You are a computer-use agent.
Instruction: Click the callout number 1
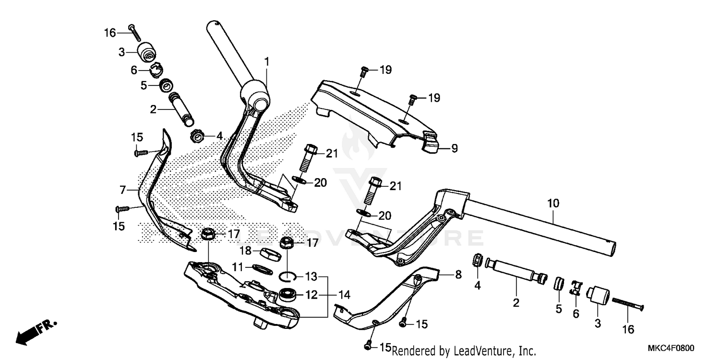(266, 61)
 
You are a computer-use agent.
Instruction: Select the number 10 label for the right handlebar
(553, 204)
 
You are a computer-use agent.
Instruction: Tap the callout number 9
(454, 149)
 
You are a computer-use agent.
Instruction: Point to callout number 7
(123, 191)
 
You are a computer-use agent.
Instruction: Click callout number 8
(458, 275)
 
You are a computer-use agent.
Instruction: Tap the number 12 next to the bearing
(312, 295)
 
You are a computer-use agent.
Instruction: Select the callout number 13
(312, 276)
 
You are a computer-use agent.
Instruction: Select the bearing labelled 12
(288, 293)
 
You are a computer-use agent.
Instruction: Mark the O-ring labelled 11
(263, 268)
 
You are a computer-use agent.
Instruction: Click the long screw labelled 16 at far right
(627, 303)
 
